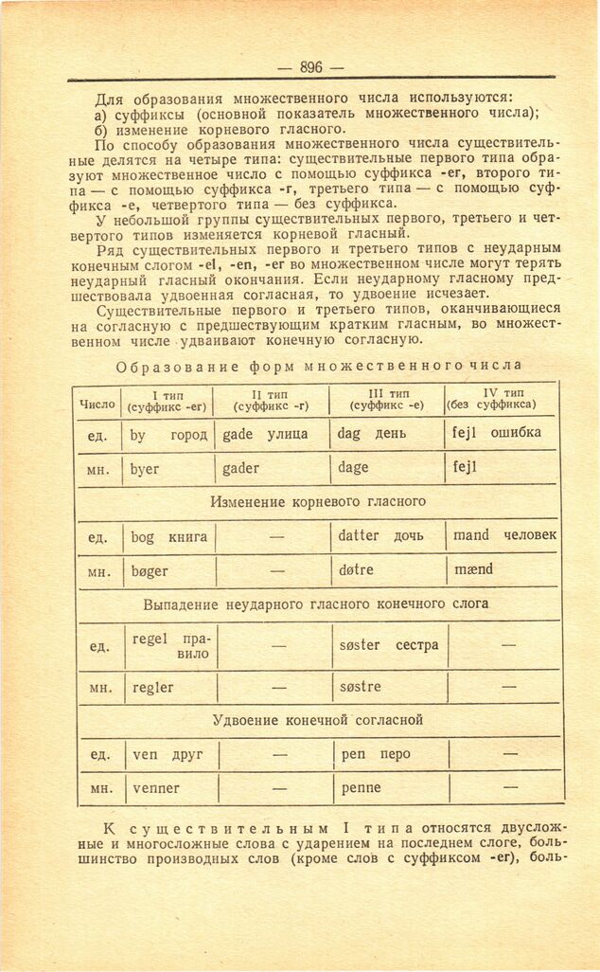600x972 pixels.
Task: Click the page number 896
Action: click(x=310, y=67)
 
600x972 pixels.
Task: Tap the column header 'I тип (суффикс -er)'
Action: click(x=168, y=401)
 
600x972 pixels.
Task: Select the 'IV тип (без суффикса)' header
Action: click(x=502, y=399)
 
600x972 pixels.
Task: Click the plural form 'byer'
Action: click(x=146, y=468)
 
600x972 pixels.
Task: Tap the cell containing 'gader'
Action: click(x=240, y=468)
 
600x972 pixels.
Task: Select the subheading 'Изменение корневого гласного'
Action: click(x=318, y=501)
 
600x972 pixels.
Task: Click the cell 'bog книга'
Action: click(x=168, y=537)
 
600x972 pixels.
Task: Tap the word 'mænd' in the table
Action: click(x=473, y=570)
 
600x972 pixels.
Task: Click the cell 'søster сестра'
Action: click(x=388, y=645)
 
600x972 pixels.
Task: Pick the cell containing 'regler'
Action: click(x=153, y=688)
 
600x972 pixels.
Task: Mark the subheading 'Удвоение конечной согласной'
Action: click(x=317, y=721)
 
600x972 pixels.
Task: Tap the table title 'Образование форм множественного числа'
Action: click(x=318, y=366)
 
